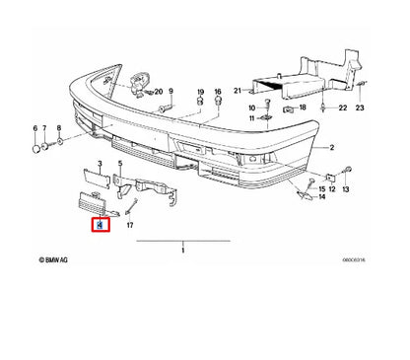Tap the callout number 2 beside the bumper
click(x=333, y=148)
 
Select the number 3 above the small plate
click(x=99, y=162)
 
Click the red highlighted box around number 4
click(x=100, y=226)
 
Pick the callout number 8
click(x=58, y=129)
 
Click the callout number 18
click(x=303, y=107)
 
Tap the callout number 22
click(x=342, y=107)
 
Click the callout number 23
click(x=361, y=107)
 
